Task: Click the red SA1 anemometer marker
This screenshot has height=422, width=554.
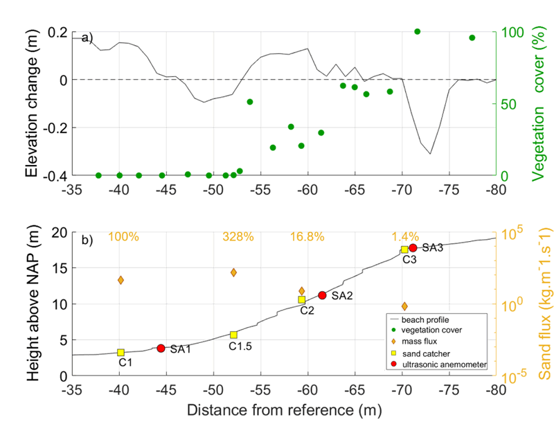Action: pyautogui.click(x=161, y=348)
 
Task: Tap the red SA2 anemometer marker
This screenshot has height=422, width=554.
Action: pyautogui.click(x=322, y=295)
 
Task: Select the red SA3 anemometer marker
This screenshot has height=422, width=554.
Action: pyautogui.click(x=413, y=248)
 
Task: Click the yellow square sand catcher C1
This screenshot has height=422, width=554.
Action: pyautogui.click(x=121, y=353)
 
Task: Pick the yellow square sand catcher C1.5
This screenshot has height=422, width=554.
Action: pyautogui.click(x=234, y=335)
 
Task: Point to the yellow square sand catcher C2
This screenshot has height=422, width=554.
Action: pyautogui.click(x=302, y=300)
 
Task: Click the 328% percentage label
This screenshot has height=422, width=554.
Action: pyautogui.click(x=234, y=237)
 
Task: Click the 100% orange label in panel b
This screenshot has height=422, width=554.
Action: pyautogui.click(x=123, y=237)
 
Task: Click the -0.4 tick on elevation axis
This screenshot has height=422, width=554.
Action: pyautogui.click(x=50, y=176)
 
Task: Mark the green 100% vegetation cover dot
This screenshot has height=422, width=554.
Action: pyautogui.click(x=417, y=31)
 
